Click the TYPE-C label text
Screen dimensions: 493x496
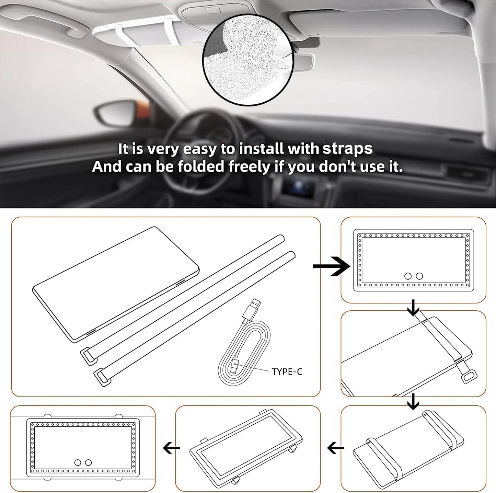(287, 371)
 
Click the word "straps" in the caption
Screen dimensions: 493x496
(348, 149)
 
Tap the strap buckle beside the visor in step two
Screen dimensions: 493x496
(469, 377)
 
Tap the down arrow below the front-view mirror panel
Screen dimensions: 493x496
(413, 310)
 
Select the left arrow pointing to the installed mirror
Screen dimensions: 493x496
(171, 448)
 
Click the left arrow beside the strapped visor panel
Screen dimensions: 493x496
(336, 448)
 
